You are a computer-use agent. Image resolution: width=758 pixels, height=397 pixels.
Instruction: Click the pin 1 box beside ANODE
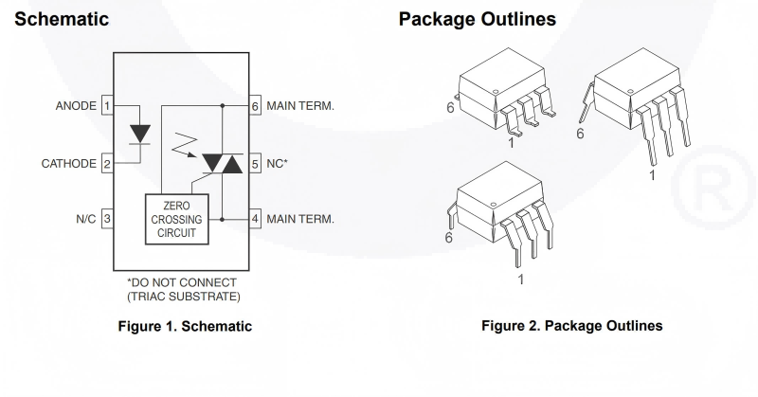pos(108,106)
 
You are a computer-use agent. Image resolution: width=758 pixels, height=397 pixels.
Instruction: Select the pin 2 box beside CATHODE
pos(108,164)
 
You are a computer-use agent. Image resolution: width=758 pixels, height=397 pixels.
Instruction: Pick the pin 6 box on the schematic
pos(254,106)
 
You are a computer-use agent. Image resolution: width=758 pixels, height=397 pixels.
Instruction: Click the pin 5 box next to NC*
pos(254,164)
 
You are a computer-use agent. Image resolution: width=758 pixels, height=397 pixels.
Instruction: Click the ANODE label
pos(76,106)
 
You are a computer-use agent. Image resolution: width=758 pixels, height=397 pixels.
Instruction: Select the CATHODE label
pos(68,164)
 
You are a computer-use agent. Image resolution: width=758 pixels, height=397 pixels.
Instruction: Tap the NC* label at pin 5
pos(278,164)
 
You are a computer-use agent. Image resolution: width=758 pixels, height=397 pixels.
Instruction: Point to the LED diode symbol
pos(140,134)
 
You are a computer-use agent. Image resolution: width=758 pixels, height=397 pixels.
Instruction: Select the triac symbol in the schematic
pos(223,164)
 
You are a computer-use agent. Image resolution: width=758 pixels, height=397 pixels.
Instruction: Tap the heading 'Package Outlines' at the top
pos(477,19)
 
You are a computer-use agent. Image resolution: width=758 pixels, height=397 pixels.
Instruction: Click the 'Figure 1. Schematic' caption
pos(183,327)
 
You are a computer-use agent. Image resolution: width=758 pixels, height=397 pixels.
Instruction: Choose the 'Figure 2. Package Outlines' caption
pos(571,327)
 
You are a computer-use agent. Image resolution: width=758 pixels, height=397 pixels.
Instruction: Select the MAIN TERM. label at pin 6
pos(300,106)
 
